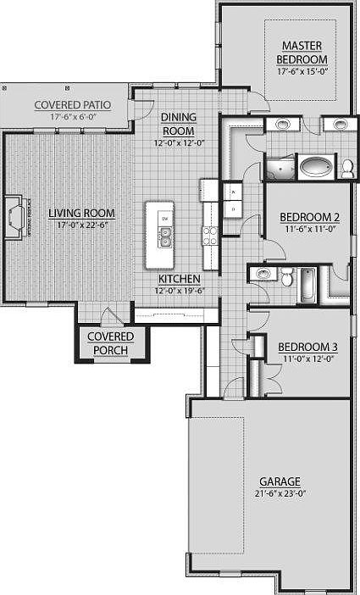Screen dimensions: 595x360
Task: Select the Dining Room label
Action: [x=179, y=125]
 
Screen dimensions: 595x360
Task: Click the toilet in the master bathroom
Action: [x=347, y=167]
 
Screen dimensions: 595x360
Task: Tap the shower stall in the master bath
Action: [x=280, y=168]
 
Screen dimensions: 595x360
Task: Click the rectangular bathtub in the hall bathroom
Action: [x=307, y=285]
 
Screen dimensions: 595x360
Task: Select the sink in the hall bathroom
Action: [x=263, y=274]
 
